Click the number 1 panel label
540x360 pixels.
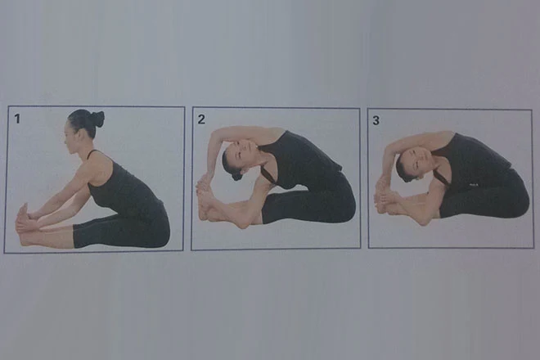click(17, 119)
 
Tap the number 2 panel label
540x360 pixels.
click(201, 119)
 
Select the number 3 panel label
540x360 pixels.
click(376, 120)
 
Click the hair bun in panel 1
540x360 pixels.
click(97, 119)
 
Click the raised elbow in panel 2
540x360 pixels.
click(215, 133)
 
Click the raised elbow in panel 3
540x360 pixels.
click(389, 144)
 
